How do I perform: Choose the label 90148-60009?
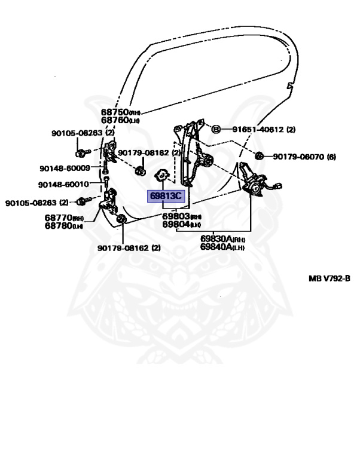coord(65,168)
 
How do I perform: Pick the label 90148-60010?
coord(63,184)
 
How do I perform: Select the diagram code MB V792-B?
coord(329,278)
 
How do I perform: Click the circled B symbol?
coord(216,129)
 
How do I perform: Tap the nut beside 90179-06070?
coord(260,156)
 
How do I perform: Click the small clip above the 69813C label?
coord(161,175)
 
